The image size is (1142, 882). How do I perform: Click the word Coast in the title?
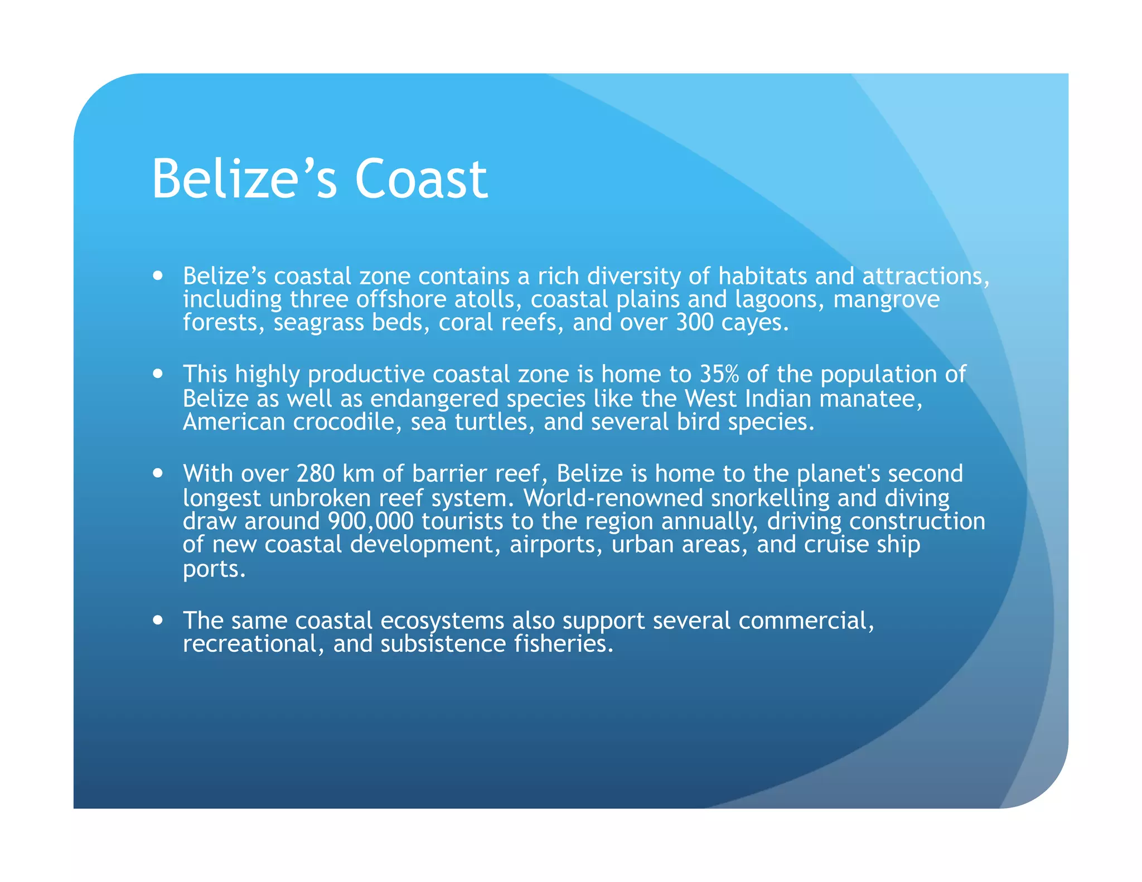click(421, 179)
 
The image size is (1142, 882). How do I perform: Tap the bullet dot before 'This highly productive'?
click(158, 374)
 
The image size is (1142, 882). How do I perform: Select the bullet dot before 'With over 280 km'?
click(158, 473)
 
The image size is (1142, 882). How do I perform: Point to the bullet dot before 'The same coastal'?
click(158, 620)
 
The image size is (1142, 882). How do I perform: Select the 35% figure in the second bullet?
click(719, 374)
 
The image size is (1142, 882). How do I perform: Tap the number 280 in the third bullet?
click(316, 473)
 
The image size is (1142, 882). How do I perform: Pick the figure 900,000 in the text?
click(371, 521)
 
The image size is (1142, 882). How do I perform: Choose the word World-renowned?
click(613, 498)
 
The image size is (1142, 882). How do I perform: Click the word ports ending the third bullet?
click(214, 569)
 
